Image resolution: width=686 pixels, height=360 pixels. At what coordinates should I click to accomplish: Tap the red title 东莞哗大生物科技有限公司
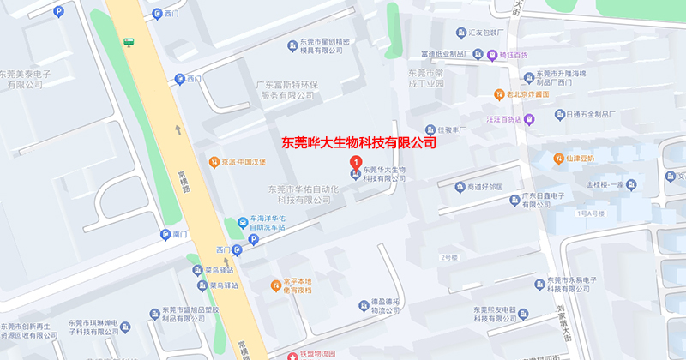tap(358, 141)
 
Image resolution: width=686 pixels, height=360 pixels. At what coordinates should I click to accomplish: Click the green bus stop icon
tap(129, 41)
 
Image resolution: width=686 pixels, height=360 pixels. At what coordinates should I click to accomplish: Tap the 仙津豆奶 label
tap(580, 158)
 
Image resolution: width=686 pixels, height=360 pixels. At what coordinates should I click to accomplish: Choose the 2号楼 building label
tap(450, 257)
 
